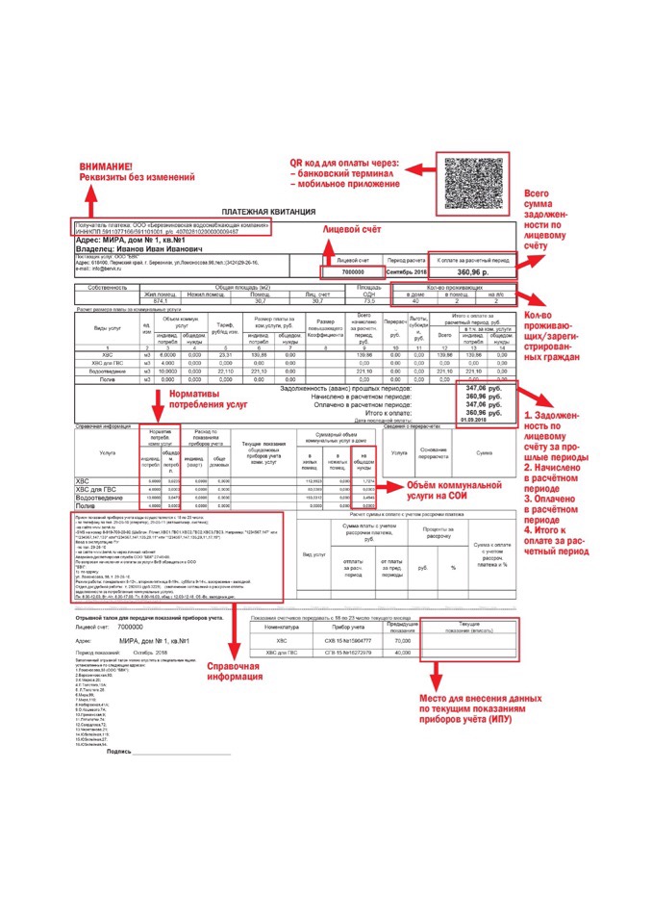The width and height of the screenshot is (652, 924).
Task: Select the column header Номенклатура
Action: (x=275, y=626)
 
